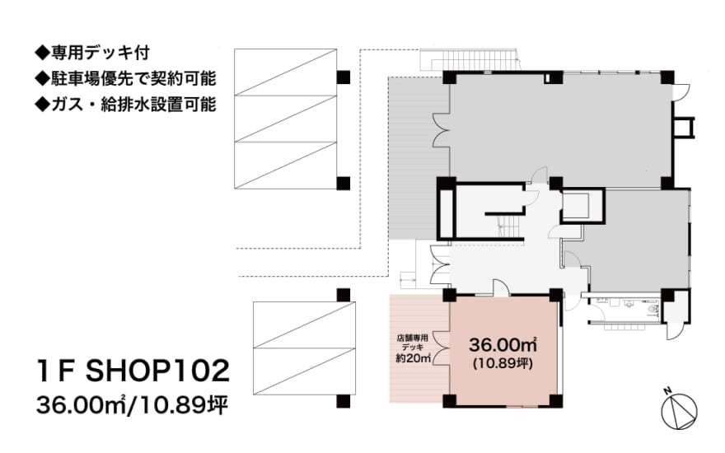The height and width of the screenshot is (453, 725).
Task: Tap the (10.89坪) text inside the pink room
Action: tap(503, 362)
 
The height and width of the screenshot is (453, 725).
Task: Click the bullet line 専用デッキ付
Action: tap(103, 55)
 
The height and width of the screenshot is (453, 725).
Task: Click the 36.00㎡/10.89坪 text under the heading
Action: tap(132, 405)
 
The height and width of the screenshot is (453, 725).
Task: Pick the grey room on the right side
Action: tap(638, 243)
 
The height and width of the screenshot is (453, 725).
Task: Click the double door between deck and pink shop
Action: tap(440, 350)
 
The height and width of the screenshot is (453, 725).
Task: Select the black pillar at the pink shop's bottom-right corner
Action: tap(557, 402)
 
